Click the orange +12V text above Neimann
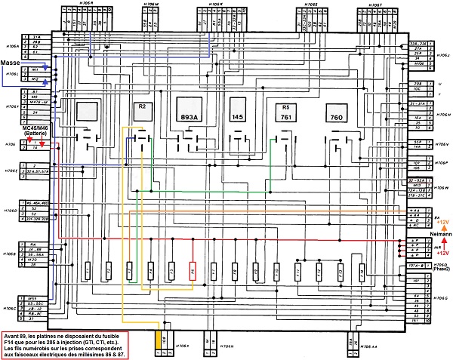click(442, 222)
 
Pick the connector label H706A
click(11, 45)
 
